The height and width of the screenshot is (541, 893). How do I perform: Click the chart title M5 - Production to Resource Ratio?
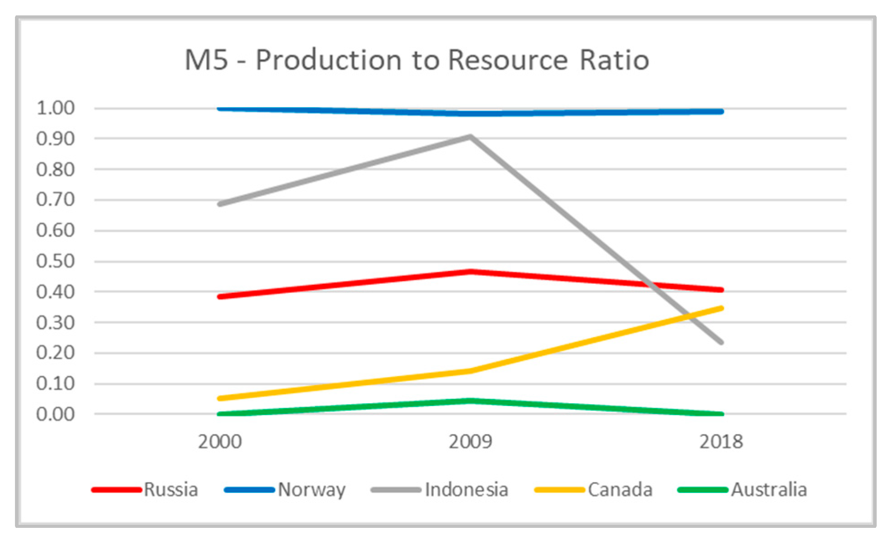[417, 60]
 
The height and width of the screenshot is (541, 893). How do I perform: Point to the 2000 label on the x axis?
[220, 441]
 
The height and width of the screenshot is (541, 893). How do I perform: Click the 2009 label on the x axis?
[471, 441]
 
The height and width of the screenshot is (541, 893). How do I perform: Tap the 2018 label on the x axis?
[721, 441]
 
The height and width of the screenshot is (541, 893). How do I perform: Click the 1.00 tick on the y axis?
[55, 108]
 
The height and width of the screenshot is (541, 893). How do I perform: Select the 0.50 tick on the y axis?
[55, 261]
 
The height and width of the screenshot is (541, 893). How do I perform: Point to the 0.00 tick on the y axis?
[55, 414]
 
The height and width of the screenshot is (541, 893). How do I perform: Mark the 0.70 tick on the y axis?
[55, 200]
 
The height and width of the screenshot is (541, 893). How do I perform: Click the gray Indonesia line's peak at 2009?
[471, 136]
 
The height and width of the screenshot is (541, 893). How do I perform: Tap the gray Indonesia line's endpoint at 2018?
[721, 342]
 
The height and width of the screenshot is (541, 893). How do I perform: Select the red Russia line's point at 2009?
[471, 271]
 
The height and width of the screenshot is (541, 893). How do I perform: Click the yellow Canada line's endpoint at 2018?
[721, 308]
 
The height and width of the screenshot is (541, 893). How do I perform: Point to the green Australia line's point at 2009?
[471, 401]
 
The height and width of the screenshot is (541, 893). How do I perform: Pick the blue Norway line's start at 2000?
[220, 109]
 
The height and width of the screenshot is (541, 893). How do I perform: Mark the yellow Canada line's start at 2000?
[220, 398]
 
